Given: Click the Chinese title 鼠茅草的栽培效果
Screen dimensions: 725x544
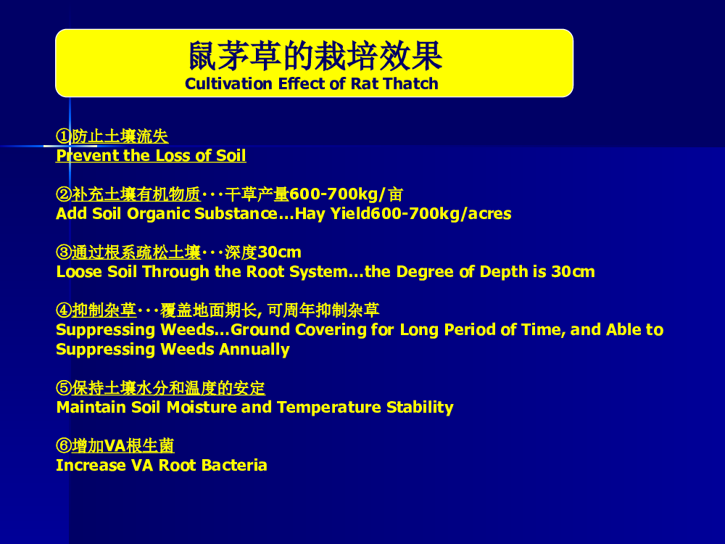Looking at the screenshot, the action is pyautogui.click(x=315, y=56).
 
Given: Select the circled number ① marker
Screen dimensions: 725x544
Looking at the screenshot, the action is pyautogui.click(x=64, y=136).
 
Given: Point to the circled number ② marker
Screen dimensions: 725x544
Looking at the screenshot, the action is pyautogui.click(x=64, y=194).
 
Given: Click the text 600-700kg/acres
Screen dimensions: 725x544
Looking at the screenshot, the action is pyautogui.click(x=441, y=214).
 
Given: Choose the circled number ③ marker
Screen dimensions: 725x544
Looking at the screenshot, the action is pyautogui.click(x=64, y=252).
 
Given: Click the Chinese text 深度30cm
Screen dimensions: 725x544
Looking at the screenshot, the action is pyautogui.click(x=263, y=252).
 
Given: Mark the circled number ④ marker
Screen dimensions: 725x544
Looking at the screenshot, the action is pyautogui.click(x=64, y=310).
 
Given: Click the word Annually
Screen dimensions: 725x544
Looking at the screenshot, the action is pyautogui.click(x=254, y=350).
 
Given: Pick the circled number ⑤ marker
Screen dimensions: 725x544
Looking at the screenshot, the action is pyautogui.click(x=64, y=387).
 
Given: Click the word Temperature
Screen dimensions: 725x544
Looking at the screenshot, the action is pyautogui.click(x=329, y=408).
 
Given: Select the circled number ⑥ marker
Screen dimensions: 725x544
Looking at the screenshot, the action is pyautogui.click(x=64, y=446).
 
